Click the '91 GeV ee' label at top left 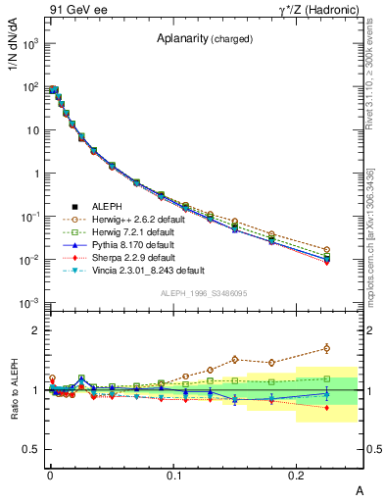77,11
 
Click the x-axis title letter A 361,490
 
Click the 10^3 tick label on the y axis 29,44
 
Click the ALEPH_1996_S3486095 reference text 204,293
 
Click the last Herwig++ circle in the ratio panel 327,348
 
